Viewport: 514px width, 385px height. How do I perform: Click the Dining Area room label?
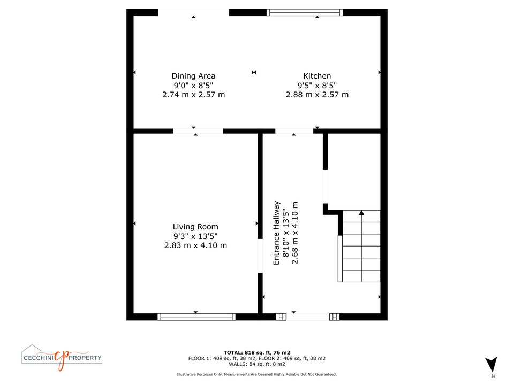tap(193, 76)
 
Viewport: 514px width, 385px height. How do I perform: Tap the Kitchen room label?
tap(317, 76)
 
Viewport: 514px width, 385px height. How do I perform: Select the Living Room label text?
tap(195, 227)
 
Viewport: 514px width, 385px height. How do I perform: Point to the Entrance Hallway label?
tap(276, 233)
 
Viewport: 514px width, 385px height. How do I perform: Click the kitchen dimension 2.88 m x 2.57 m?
tap(317, 95)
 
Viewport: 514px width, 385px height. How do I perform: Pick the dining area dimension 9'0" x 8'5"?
tap(193, 86)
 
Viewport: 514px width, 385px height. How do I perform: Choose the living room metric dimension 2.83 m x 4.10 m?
tap(195, 245)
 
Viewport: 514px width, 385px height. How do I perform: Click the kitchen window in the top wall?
tap(305, 12)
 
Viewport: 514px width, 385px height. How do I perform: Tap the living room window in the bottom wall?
tap(196, 317)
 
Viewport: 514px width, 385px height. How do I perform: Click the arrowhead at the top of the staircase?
tap(361, 213)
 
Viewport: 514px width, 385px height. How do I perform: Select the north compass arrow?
tap(492, 364)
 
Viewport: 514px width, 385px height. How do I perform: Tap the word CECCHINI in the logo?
tap(39, 358)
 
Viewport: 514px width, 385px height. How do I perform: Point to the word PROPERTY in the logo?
tap(85, 358)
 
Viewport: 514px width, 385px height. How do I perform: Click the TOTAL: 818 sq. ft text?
tap(247, 352)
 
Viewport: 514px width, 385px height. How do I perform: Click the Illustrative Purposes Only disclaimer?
tap(256, 374)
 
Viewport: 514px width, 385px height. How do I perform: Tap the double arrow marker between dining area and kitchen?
tap(254, 72)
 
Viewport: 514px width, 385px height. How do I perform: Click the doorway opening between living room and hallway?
tap(260, 256)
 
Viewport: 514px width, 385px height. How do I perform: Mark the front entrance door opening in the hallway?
tap(307, 317)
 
